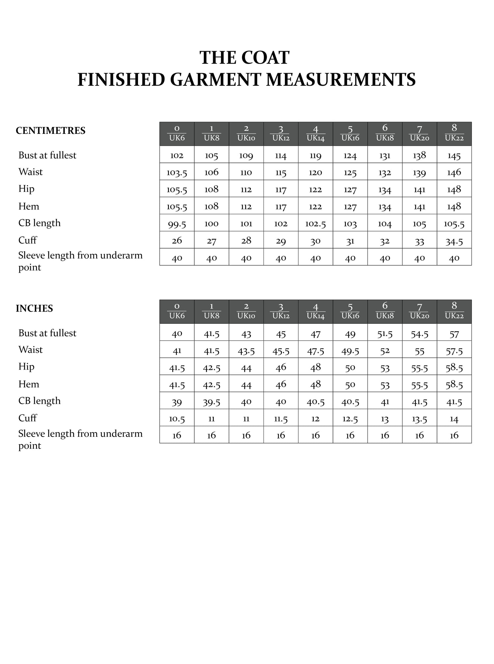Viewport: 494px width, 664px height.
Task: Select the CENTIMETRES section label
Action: click(x=50, y=131)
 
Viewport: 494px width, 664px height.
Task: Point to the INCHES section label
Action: click(x=34, y=308)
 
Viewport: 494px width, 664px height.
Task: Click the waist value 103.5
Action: click(x=177, y=172)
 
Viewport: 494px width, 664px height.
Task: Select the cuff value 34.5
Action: click(x=454, y=241)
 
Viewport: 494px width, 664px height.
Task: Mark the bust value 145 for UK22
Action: click(x=454, y=156)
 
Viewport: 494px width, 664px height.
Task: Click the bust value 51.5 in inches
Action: click(x=385, y=334)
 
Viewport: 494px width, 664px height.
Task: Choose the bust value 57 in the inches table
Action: click(x=454, y=334)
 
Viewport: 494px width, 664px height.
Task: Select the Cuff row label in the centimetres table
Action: click(x=28, y=240)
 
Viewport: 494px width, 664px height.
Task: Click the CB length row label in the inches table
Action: click(x=40, y=401)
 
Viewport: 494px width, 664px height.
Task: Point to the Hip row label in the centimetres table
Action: click(x=26, y=189)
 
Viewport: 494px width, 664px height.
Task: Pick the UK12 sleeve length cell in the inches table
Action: click(x=281, y=435)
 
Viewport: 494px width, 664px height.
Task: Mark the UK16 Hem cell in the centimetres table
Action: click(x=350, y=207)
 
